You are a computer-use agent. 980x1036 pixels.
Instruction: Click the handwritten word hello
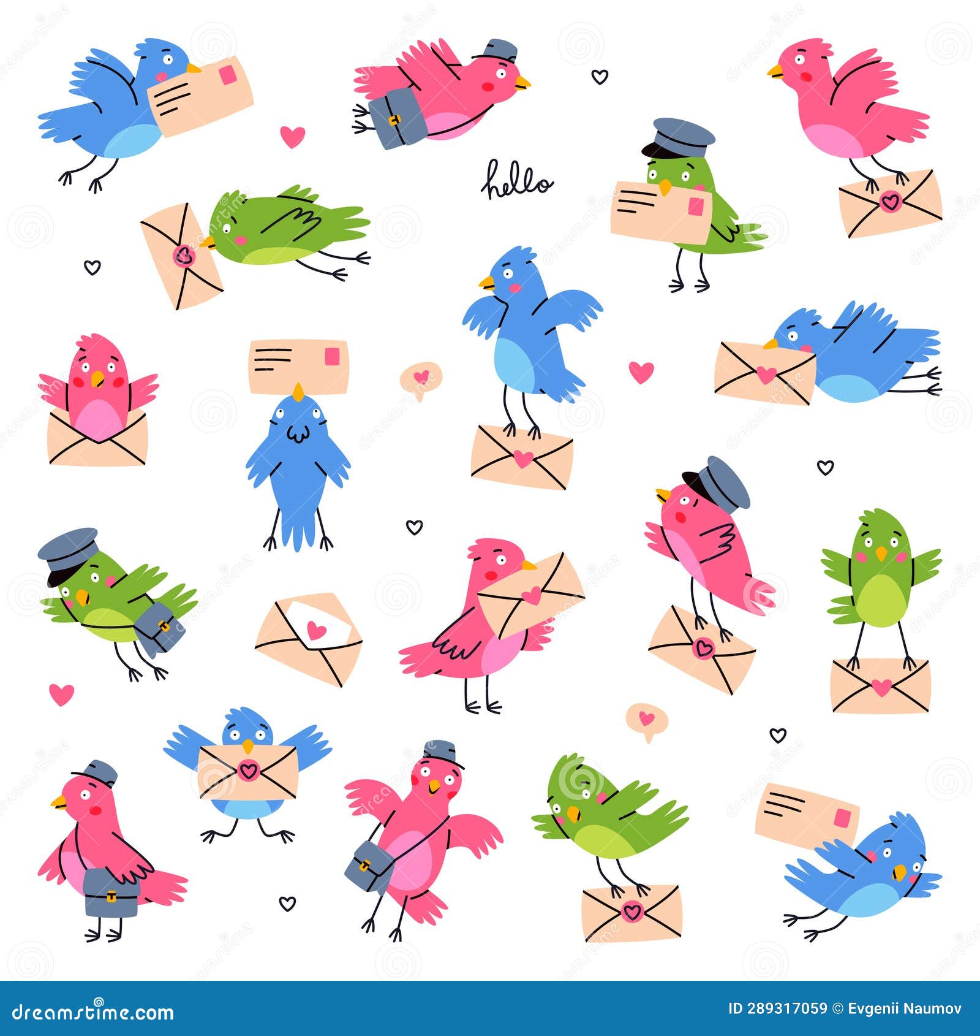point(517,180)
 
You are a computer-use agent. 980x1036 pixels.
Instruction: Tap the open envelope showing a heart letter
point(309,638)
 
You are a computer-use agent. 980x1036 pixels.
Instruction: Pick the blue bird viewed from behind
point(298,469)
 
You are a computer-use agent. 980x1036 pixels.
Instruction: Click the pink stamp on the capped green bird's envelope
point(696,206)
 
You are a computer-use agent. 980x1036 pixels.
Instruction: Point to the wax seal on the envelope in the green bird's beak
point(183,256)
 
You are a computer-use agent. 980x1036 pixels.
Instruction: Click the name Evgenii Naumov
point(905,1009)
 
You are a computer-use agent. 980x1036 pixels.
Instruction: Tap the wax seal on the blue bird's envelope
point(248,769)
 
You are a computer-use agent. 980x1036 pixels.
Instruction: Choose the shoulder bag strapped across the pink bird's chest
point(367,866)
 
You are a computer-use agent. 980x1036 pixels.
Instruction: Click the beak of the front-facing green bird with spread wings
point(881,554)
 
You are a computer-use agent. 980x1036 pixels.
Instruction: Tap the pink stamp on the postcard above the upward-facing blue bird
point(332,357)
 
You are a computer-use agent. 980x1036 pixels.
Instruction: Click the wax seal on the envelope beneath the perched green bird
point(631,912)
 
